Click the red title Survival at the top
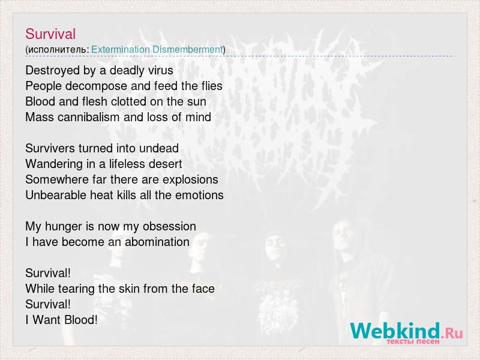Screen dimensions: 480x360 (x=50, y=34)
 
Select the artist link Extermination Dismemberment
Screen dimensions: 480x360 (x=157, y=49)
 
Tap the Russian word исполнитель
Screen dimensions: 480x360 (x=57, y=50)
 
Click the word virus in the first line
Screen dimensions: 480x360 (x=161, y=70)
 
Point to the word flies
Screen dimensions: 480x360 (x=212, y=86)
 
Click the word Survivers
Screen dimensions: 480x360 (x=50, y=148)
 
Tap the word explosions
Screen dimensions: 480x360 (x=190, y=179)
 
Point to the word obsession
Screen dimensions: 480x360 (x=169, y=226)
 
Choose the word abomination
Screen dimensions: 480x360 (x=157, y=242)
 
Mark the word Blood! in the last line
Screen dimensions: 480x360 (x=81, y=320)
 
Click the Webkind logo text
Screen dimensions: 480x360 (x=395, y=331)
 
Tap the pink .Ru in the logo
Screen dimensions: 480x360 (x=452, y=333)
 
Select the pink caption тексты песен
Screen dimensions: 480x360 (x=413, y=341)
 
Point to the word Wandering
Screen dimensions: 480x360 (x=54, y=164)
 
